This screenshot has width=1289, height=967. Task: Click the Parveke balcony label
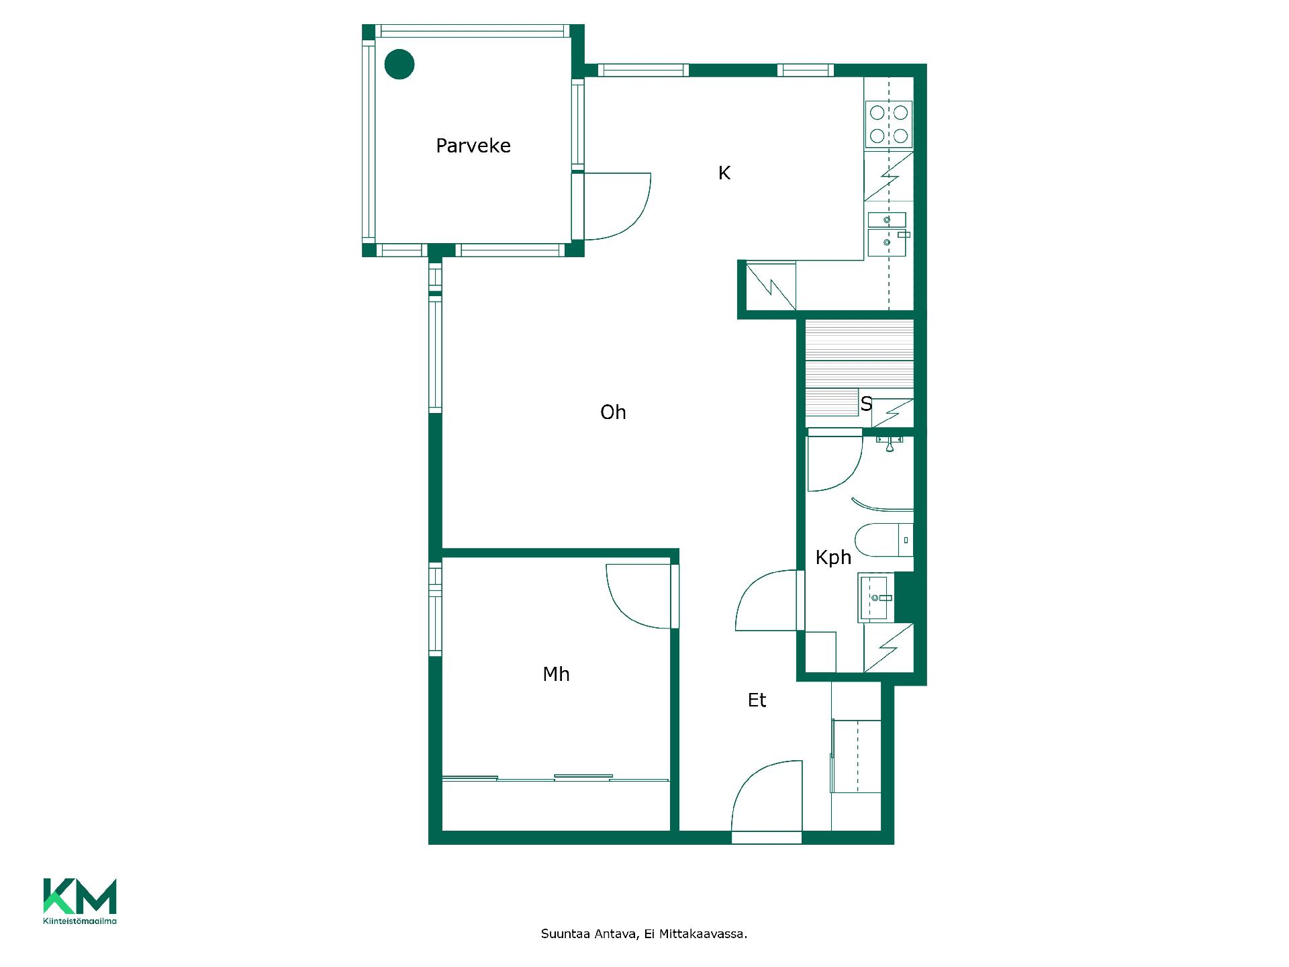tap(473, 146)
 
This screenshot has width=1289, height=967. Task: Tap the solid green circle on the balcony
tap(399, 64)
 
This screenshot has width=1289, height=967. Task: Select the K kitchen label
tap(724, 173)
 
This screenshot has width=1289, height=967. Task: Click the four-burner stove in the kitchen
tap(889, 124)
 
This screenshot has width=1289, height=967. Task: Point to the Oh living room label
tap(613, 412)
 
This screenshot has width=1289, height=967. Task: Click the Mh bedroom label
tap(556, 674)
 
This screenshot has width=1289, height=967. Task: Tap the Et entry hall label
tap(757, 700)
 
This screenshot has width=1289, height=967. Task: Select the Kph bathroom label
tap(833, 557)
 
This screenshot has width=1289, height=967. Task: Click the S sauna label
tap(866, 404)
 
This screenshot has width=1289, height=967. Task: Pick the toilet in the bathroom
tap(884, 540)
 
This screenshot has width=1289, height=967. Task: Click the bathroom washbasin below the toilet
tap(875, 598)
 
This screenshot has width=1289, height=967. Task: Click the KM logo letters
tap(80, 896)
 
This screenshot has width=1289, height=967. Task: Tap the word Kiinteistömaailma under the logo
tap(80, 921)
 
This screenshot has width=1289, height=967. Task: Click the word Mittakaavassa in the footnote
tap(704, 934)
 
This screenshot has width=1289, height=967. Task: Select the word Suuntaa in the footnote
tap(565, 934)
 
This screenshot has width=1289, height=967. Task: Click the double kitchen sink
tap(887, 234)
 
